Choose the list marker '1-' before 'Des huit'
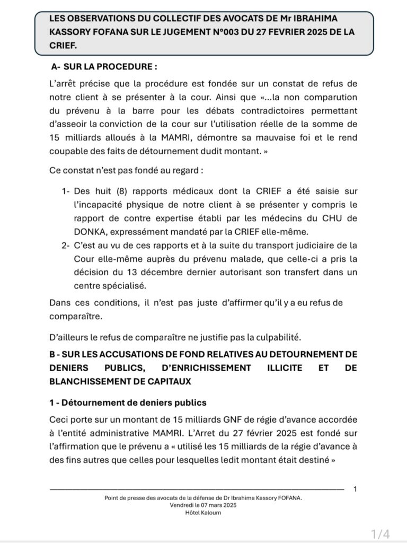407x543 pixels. click(x=65, y=190)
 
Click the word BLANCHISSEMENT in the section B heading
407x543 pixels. click(x=88, y=381)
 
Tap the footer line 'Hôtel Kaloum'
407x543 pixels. click(x=203, y=513)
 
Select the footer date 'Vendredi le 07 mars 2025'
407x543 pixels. click(x=203, y=506)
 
